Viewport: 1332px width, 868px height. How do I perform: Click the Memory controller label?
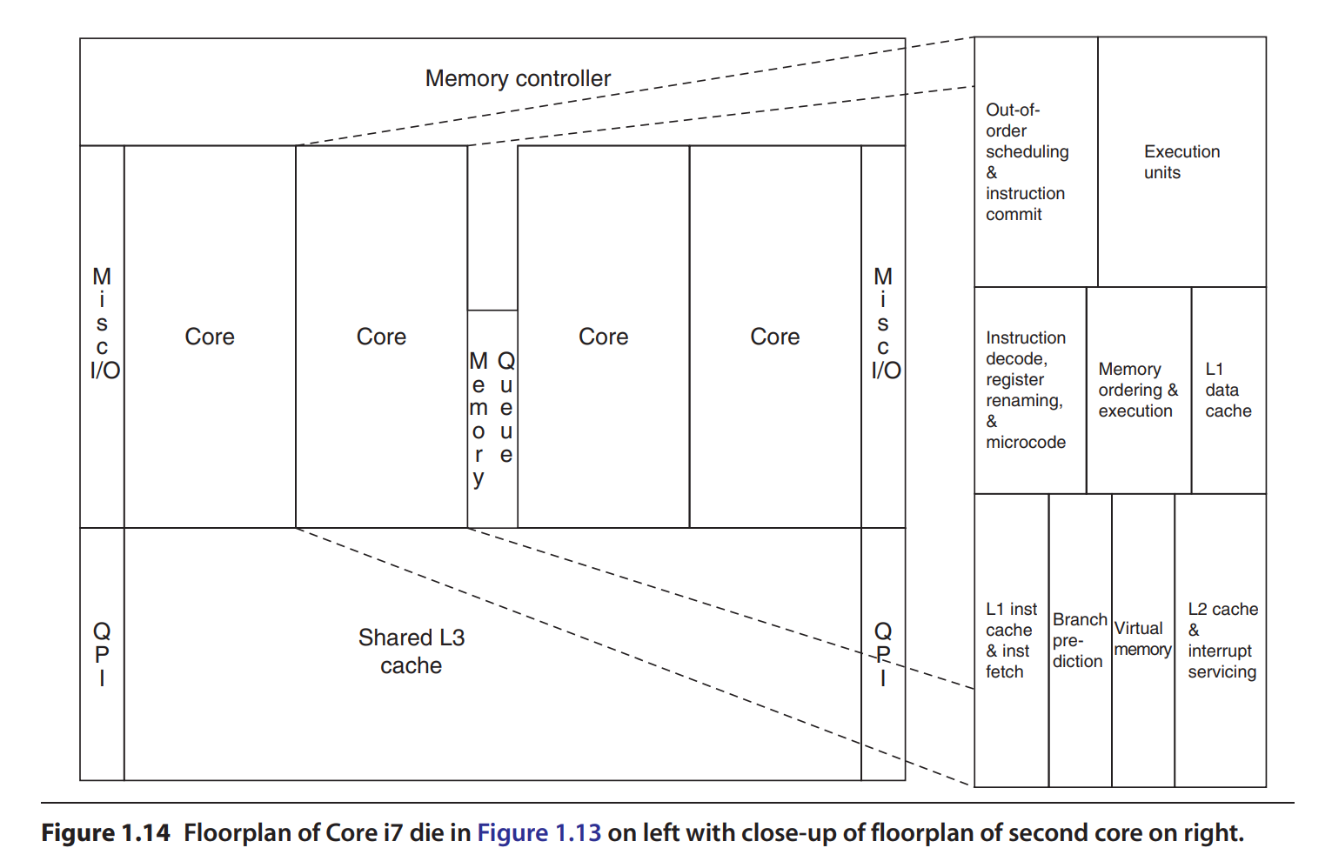click(x=518, y=78)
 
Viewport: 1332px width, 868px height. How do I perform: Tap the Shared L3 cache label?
click(x=412, y=651)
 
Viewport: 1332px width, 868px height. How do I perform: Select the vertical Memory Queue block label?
click(x=492, y=418)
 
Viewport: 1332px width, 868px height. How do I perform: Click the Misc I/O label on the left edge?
click(x=104, y=324)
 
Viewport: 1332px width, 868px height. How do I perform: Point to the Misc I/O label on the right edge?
click(x=885, y=324)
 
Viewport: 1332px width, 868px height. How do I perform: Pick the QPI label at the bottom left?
click(x=102, y=654)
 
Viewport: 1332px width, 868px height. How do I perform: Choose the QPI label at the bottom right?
click(x=883, y=654)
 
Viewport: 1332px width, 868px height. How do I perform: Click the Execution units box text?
click(x=1181, y=162)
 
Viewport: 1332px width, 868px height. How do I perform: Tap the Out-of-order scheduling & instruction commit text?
click(x=1027, y=162)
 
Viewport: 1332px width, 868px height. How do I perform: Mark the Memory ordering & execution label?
click(x=1137, y=390)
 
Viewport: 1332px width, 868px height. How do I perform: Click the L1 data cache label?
click(x=1228, y=390)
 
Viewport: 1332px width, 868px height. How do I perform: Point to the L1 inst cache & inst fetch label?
click(x=1011, y=640)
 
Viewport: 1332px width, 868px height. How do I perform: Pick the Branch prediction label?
click(x=1079, y=640)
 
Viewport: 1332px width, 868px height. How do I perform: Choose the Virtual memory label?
click(x=1142, y=638)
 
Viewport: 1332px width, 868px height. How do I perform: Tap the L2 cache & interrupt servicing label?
click(x=1222, y=640)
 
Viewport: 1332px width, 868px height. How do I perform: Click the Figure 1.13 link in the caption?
click(x=539, y=833)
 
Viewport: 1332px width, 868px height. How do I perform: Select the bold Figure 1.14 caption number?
click(x=105, y=833)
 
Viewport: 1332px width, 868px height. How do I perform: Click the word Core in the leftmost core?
click(x=210, y=337)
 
